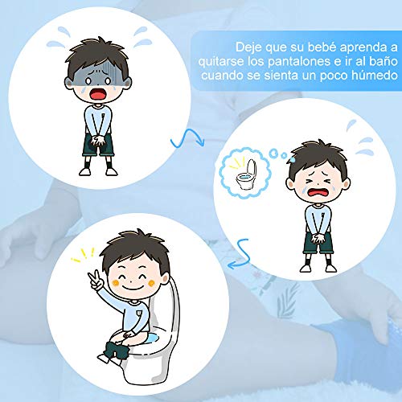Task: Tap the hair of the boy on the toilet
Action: (x=132, y=244)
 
